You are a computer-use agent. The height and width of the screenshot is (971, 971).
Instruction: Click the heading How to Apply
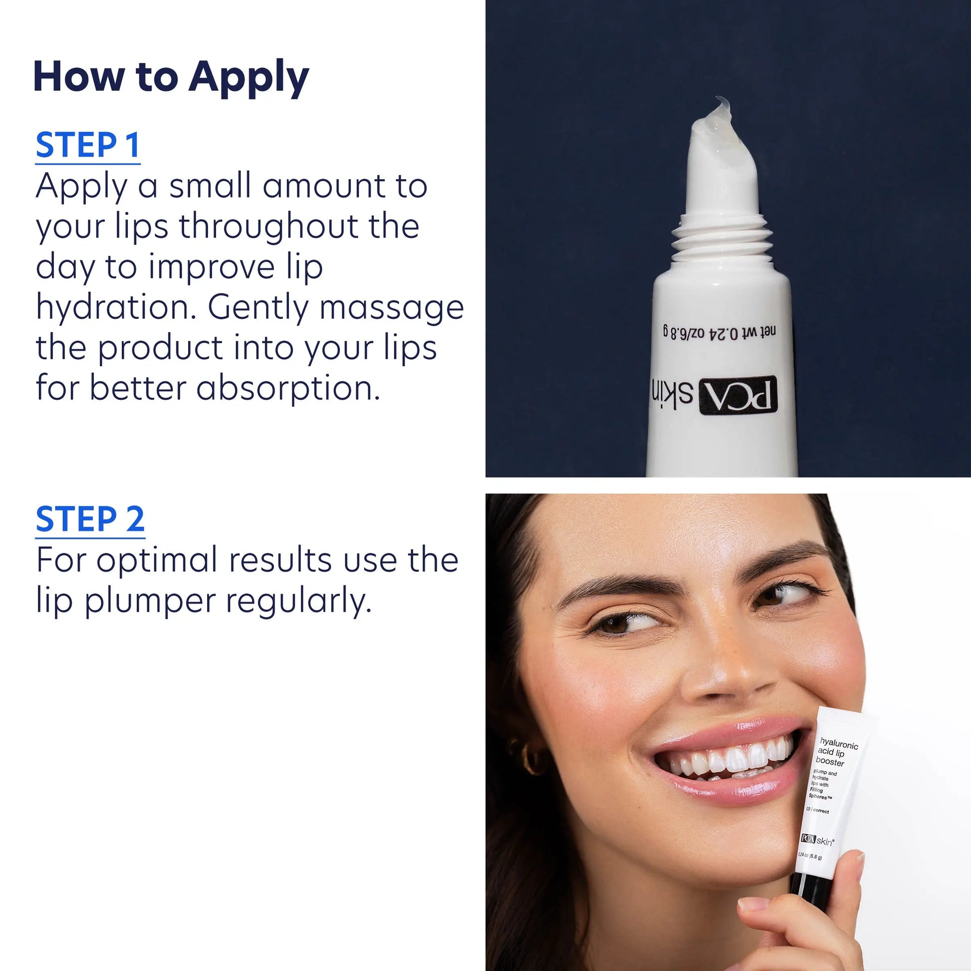click(x=171, y=76)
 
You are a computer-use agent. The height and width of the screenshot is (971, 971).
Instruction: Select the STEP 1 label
click(x=87, y=146)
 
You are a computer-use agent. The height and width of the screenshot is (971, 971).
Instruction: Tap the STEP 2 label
click(x=90, y=519)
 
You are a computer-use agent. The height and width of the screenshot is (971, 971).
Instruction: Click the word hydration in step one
click(x=116, y=307)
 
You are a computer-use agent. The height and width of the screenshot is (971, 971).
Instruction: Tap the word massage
click(x=391, y=307)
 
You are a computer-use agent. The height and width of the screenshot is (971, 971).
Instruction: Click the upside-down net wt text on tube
click(x=719, y=332)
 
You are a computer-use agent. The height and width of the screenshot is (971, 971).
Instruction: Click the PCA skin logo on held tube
click(x=817, y=840)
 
